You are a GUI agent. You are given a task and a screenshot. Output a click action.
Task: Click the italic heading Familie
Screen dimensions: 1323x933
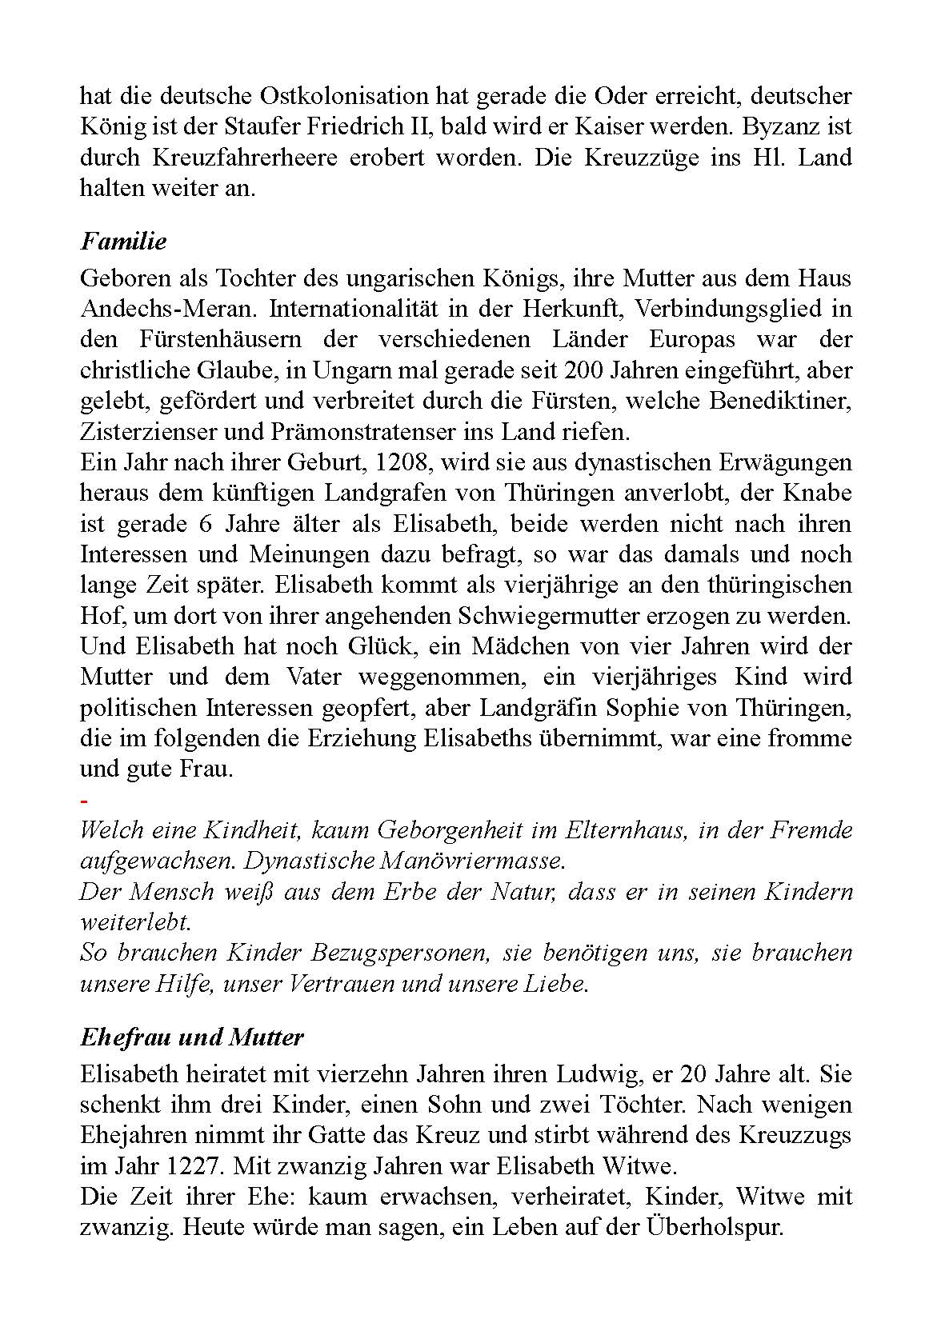tap(123, 241)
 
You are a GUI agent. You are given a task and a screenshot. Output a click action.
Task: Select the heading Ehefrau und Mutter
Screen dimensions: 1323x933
tap(192, 1037)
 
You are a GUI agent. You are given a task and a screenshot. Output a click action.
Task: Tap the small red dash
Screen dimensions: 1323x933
tap(84, 801)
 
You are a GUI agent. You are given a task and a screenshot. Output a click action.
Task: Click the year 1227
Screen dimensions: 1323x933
tap(190, 1165)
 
